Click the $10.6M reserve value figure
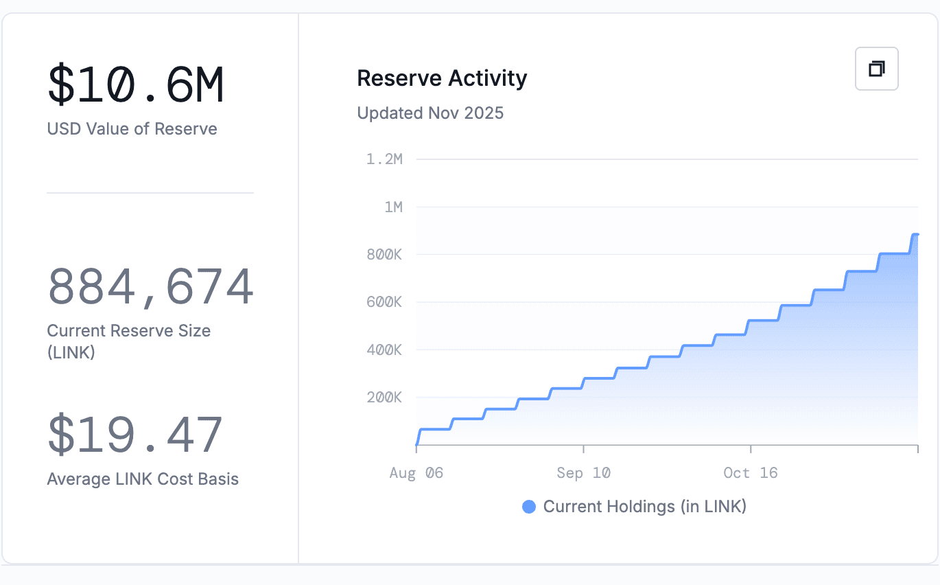(x=135, y=85)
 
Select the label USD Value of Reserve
(x=132, y=129)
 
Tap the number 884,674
(x=150, y=288)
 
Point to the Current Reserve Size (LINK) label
(x=128, y=341)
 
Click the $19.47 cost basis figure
(x=135, y=435)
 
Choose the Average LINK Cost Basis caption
(x=143, y=479)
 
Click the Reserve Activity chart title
(x=442, y=78)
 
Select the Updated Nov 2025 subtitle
(x=430, y=113)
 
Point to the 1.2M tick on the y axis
(x=384, y=159)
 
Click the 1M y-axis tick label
(x=393, y=207)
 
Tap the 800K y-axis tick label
(x=384, y=255)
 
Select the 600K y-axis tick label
(x=384, y=302)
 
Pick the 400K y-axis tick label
(x=384, y=350)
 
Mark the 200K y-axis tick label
(x=384, y=398)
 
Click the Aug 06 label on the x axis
(x=416, y=473)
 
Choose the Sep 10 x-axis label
(x=583, y=473)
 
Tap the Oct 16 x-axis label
(x=751, y=473)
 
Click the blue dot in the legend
(x=529, y=507)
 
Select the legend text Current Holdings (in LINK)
(x=644, y=507)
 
